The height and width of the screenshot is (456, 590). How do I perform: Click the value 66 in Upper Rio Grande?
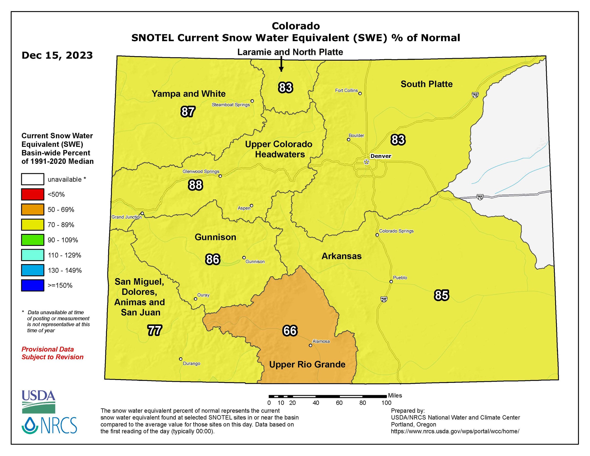pos(290,331)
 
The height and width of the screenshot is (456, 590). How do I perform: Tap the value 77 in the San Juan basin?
pos(155,330)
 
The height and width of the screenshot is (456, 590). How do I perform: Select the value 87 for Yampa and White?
pos(188,112)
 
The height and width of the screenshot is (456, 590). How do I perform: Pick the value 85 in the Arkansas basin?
pos(441,295)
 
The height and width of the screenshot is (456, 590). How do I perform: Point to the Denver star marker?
pos(366,162)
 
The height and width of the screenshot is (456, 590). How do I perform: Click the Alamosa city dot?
pos(310,345)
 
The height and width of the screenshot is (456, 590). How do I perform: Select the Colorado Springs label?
pos(396,231)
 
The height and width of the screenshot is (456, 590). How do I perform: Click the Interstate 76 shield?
pos(475,95)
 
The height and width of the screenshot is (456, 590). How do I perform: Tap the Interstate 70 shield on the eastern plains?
pos(480,197)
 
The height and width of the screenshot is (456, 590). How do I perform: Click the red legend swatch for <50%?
pos(33,194)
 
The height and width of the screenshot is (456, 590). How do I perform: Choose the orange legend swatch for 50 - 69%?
pos(33,209)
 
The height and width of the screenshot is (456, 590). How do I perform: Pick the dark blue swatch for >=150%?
pos(33,285)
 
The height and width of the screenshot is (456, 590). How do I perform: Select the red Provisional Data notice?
pos(52,353)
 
